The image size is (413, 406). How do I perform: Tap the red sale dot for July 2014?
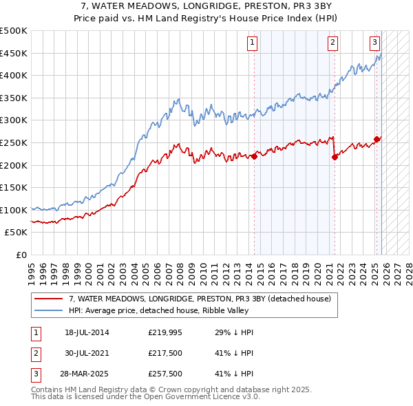[254, 156]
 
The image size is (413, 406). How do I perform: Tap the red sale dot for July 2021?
[335, 157]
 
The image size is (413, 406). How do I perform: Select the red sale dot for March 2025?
[377, 139]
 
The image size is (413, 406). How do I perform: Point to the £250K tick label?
[14, 142]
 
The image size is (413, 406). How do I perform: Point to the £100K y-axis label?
[14, 210]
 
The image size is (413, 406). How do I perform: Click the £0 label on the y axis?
[21, 255]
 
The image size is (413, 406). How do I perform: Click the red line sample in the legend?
[48, 299]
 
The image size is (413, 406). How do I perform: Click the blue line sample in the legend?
[48, 310]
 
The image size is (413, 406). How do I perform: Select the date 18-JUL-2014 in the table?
[87, 332]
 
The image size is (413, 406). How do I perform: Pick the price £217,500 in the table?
[165, 353]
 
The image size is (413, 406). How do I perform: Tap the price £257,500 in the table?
[165, 374]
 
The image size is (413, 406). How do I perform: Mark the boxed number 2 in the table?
[36, 353]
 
